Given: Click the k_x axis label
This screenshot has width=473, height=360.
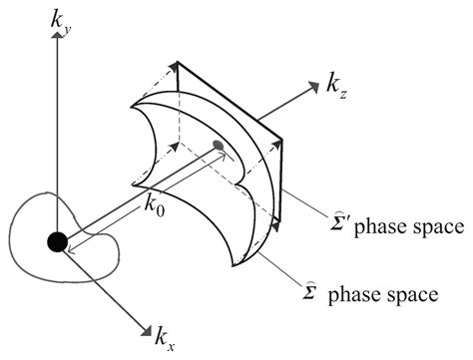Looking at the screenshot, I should (167, 339).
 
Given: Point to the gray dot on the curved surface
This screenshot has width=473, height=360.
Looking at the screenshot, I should (218, 146).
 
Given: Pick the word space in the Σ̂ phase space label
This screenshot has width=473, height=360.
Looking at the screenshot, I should (409, 296).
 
